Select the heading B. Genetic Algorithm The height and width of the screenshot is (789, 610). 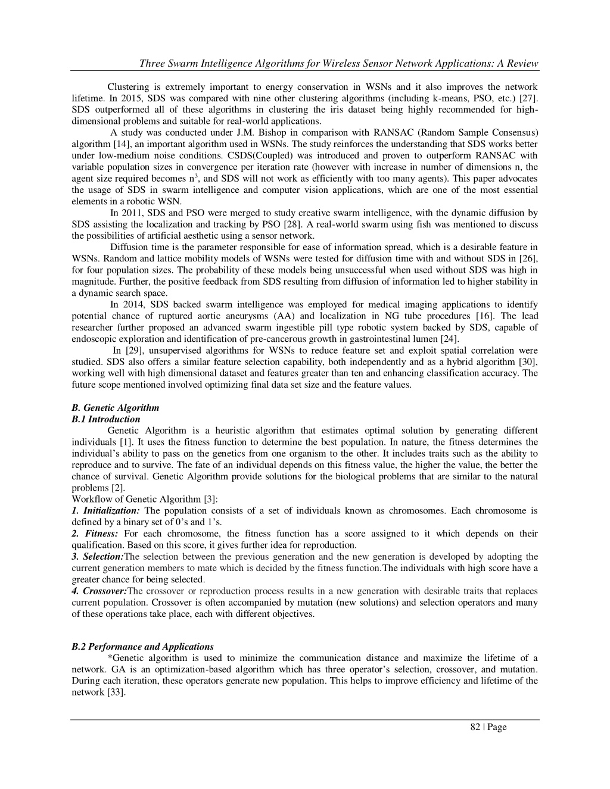coord(115,408)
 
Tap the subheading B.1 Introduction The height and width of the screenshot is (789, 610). coord(105,419)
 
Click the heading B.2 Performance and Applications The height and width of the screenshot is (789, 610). coord(142,647)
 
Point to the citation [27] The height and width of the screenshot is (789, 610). coord(529,98)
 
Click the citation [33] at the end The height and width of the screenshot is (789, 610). coord(116,693)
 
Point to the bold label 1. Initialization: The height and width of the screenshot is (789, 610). coord(105,511)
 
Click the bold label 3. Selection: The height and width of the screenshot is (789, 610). coord(98,557)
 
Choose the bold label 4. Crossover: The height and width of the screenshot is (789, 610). coord(99,591)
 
